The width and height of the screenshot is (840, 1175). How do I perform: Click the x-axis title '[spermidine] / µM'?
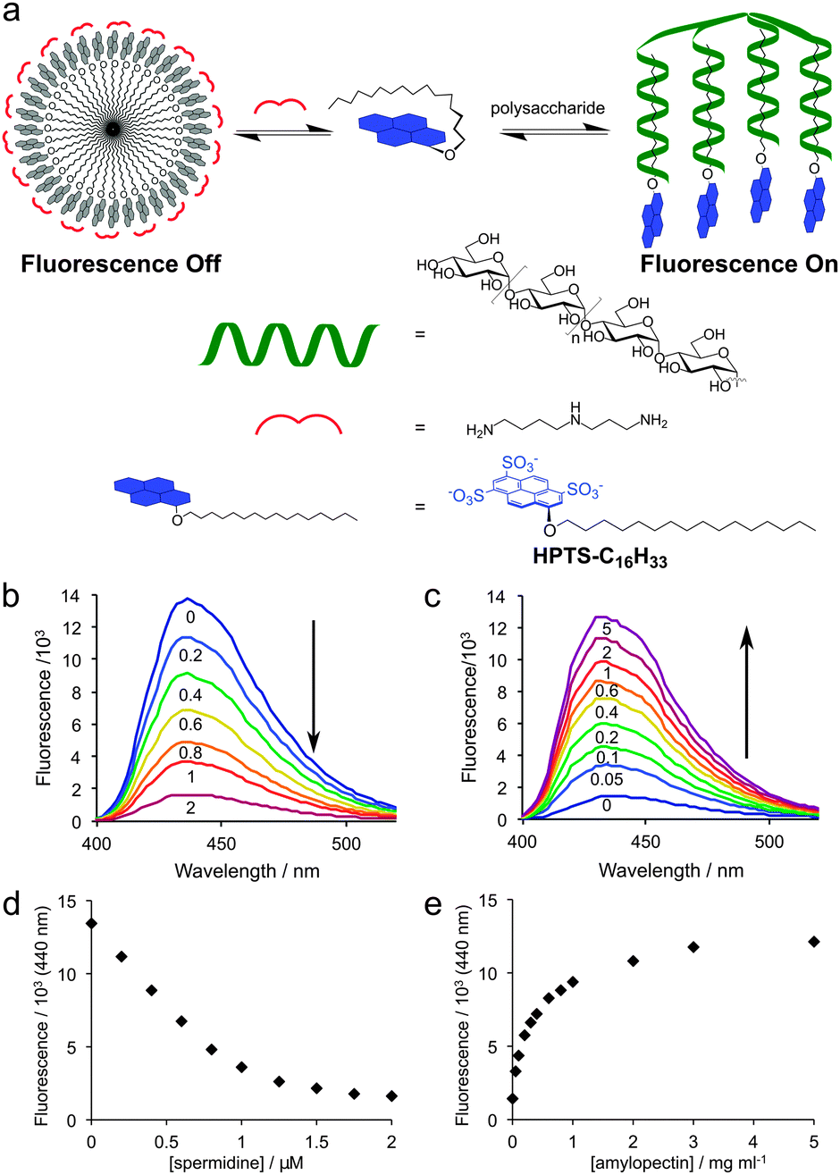coord(241,1161)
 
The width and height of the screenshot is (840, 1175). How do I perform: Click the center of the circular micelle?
coord(113,130)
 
